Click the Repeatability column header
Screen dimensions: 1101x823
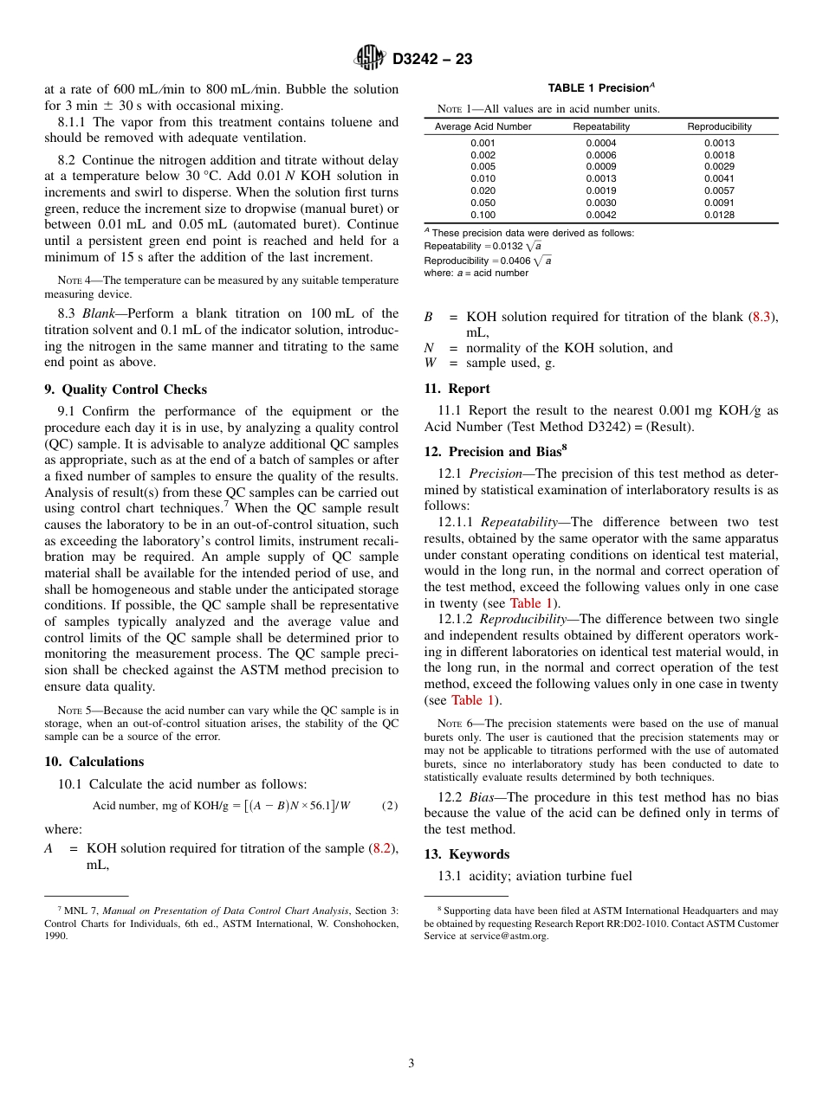pos(601,126)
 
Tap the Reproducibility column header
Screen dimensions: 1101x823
pos(719,126)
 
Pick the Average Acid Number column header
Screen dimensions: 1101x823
pos(483,126)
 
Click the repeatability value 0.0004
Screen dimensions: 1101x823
pos(601,143)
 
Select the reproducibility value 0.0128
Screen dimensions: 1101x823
pos(719,215)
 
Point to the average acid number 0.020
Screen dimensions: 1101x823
pos(483,190)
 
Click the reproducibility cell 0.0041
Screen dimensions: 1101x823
pos(719,178)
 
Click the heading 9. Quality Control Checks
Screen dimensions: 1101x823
pos(126,390)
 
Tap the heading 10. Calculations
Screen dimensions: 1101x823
pos(94,762)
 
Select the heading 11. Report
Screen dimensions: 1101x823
pos(457,389)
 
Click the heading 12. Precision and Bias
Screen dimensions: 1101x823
pos(496,451)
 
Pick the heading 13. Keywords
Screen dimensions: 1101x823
pos(466,854)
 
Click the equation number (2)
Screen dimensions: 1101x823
pos(390,806)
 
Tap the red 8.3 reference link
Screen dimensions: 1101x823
pos(761,317)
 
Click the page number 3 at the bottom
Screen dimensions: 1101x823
pos(411,1063)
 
